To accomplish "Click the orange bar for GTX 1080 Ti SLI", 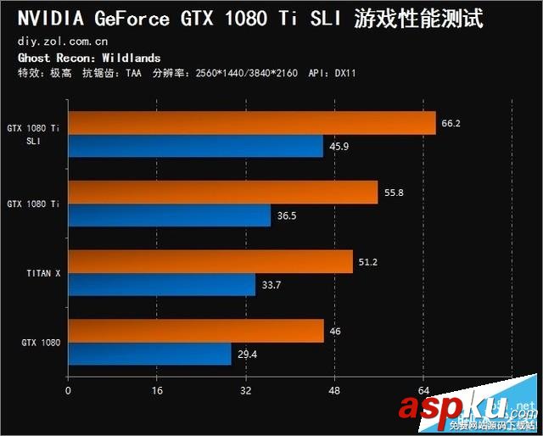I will pyautogui.click(x=251, y=124).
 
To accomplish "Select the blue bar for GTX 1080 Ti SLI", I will pyautogui.click(x=195, y=146).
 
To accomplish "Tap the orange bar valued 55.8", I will pyautogui.click(x=222, y=193).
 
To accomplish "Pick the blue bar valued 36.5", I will pyautogui.click(x=169, y=215).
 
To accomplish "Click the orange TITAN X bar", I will pyautogui.click(x=210, y=261).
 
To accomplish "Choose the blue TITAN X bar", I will pyautogui.click(x=161, y=284).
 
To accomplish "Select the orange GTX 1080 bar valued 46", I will pyautogui.click(x=195, y=331).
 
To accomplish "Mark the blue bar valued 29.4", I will pyautogui.click(x=149, y=354).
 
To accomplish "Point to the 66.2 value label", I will pyautogui.click(x=451, y=124).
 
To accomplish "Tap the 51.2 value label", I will pyautogui.click(x=367, y=262).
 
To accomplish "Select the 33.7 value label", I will pyautogui.click(x=271, y=285).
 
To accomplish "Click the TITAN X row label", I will pyautogui.click(x=42, y=273).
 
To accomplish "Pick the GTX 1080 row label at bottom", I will pyautogui.click(x=40, y=342).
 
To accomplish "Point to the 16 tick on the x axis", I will pyautogui.click(x=156, y=391).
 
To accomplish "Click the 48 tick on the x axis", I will pyautogui.click(x=334, y=391).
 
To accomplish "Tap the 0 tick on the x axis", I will pyautogui.click(x=68, y=391).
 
